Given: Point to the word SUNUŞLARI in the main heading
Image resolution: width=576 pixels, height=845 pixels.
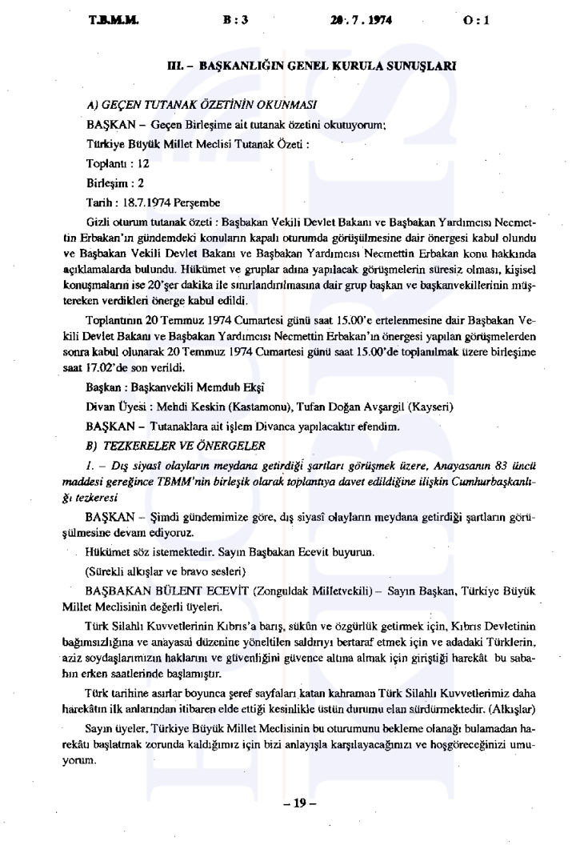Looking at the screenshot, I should coord(426,67).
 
